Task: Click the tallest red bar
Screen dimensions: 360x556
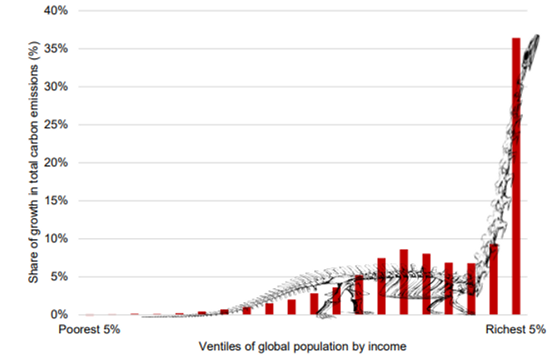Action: click(516, 175)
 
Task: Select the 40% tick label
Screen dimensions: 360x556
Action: click(55, 11)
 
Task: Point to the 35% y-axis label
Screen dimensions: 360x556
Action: click(55, 48)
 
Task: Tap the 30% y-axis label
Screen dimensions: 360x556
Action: click(55, 87)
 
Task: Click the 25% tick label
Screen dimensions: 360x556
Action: click(55, 124)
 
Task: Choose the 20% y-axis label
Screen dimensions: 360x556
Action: click(55, 162)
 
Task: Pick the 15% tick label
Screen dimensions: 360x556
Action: click(55, 201)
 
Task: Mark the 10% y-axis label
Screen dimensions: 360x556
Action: click(55, 238)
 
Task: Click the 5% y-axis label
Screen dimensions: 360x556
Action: click(58, 277)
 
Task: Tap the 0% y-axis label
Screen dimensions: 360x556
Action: click(58, 314)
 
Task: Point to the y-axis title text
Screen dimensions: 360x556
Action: click(33, 162)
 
